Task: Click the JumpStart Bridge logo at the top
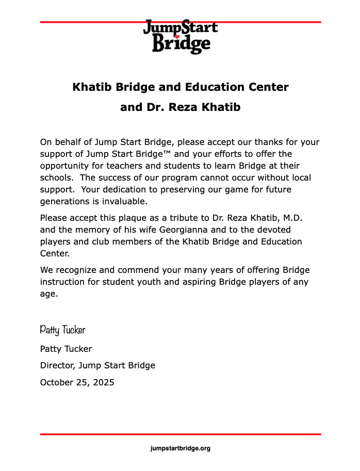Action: pyautogui.click(x=180, y=36)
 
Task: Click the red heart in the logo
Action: pyautogui.click(x=176, y=37)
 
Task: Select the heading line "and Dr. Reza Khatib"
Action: pyautogui.click(x=180, y=108)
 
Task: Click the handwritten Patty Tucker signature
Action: pyautogui.click(x=62, y=330)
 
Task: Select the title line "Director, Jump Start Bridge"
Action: pyautogui.click(x=97, y=366)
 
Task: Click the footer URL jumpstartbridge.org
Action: pyautogui.click(x=180, y=448)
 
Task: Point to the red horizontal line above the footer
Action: pyautogui.click(x=180, y=434)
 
